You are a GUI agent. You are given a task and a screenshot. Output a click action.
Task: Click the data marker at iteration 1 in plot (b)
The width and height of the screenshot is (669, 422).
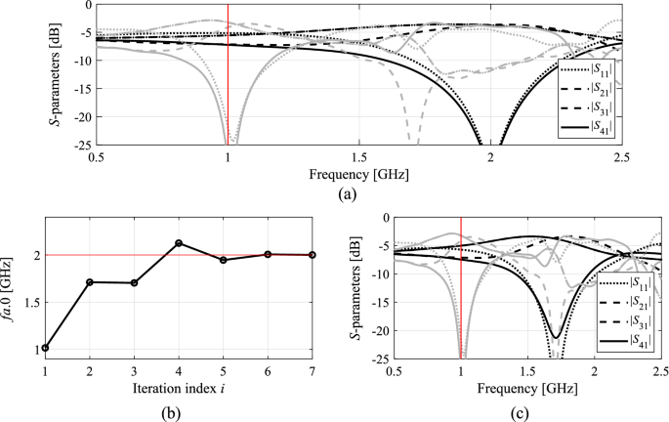tap(45, 348)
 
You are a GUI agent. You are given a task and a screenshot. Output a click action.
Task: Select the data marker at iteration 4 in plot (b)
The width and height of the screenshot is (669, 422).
tap(179, 243)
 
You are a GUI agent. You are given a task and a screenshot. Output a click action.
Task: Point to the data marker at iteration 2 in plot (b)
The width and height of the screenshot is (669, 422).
tap(90, 282)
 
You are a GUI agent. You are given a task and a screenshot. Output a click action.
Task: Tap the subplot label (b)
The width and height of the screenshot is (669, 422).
tap(178, 409)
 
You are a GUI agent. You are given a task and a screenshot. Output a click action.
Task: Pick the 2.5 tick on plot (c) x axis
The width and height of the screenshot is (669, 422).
tap(660, 372)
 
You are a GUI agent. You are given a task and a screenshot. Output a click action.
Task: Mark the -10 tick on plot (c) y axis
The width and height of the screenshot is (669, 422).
tap(377, 275)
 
